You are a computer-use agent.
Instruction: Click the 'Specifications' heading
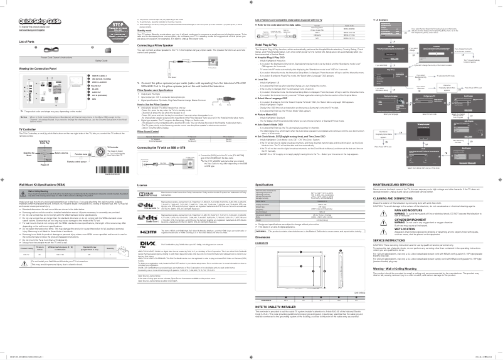tap(266, 185)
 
